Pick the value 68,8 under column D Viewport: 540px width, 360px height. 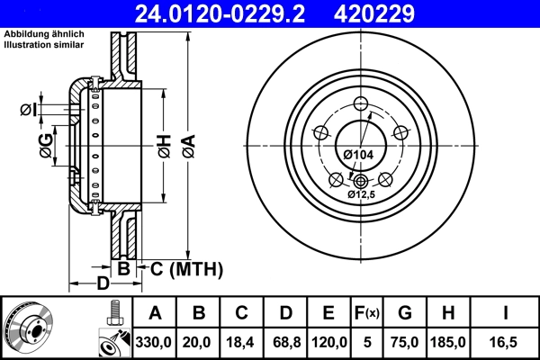[284, 342]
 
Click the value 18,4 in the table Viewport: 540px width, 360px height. [241, 342]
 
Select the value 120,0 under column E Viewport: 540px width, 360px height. [328, 342]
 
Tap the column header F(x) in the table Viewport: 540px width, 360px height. [368, 313]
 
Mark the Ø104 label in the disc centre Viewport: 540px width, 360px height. [358, 155]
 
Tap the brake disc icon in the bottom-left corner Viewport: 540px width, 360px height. [27, 328]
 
